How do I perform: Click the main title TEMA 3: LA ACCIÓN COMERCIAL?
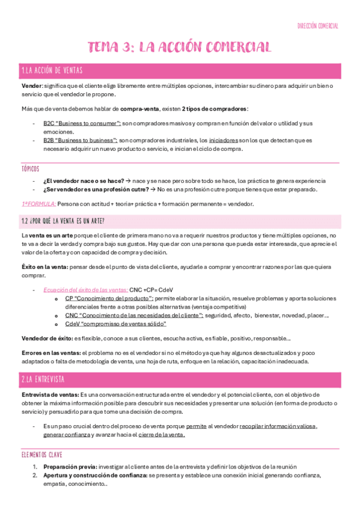pos(180,47)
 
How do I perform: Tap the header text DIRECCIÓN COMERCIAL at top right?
pos(318,26)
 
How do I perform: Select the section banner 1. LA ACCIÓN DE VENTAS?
pos(51,71)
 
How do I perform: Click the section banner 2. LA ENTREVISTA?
pos(42,379)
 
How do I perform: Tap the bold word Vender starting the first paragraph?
pos(31,86)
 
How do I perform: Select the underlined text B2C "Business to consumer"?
pos(80,123)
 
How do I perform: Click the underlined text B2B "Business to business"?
pos(79,140)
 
